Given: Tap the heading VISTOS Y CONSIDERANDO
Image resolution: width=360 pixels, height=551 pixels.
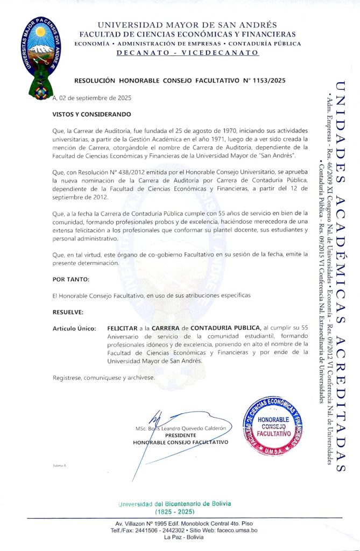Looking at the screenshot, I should point(91,115).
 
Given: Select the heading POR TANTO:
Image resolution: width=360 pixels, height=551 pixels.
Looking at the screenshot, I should point(70,280).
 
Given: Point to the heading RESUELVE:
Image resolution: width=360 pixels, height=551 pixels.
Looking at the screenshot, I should point(68,312).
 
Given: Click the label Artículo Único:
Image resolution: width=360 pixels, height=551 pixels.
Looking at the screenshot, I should point(74,328).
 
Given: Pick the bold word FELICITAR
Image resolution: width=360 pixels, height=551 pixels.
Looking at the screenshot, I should point(122,328).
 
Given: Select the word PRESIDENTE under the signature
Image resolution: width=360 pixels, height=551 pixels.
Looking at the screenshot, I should point(180,435).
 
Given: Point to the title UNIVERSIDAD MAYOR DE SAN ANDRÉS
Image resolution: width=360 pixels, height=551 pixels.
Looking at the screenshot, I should point(187,25).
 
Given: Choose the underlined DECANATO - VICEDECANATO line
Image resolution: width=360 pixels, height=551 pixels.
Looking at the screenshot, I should point(187,53).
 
